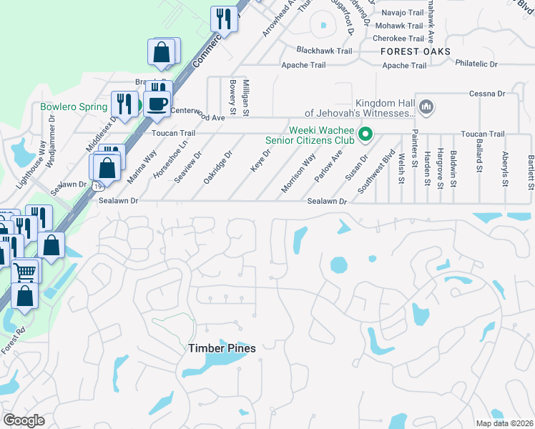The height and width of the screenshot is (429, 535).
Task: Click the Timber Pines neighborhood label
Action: coord(222,348)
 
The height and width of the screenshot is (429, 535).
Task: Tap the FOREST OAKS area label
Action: coord(416,51)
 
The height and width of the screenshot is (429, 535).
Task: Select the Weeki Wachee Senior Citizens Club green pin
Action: coord(366,134)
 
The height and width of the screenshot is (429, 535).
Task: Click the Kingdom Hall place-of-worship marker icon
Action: coord(427,107)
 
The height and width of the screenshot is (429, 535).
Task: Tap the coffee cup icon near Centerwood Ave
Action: coord(157,104)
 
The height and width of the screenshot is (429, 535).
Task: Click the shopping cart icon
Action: coord(25,272)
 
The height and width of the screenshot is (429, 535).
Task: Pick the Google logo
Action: coord(24,420)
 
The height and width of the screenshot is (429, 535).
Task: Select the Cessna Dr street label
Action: coord(487,94)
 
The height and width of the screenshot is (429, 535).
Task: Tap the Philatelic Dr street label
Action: coord(476,64)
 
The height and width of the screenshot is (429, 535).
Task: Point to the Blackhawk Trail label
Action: coord(325,51)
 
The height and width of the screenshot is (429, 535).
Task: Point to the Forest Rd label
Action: coord(12,341)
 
